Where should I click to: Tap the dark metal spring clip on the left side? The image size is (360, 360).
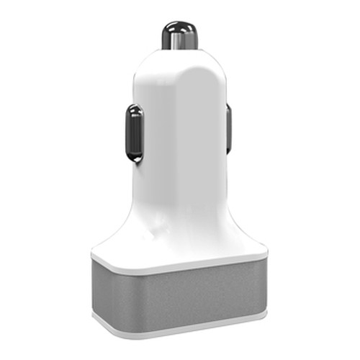point(135,132)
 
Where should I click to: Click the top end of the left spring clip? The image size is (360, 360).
point(135,108)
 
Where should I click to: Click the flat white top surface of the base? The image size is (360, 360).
point(180,252)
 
